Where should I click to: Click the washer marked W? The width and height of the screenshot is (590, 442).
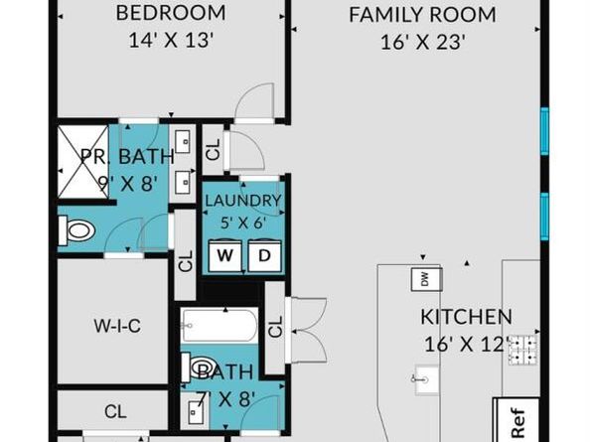225,255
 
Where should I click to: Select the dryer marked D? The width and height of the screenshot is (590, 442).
264,255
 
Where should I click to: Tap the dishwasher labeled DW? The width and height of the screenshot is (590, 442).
426,279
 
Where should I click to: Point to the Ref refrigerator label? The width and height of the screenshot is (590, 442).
517,423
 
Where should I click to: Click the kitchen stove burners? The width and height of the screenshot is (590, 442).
523,351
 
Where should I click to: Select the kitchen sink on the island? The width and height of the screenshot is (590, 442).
427,380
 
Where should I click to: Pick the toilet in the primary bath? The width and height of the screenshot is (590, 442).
76,230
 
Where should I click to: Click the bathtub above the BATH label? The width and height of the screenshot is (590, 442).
220,325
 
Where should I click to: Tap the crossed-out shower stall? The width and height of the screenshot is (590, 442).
83,161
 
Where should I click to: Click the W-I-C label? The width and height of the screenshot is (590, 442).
117,326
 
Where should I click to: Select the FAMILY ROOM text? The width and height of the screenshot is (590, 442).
422,15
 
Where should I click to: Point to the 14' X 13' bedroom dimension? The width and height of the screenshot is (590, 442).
171,40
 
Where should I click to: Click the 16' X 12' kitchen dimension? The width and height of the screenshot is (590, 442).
467,344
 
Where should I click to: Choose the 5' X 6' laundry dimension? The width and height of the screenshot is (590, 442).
243,223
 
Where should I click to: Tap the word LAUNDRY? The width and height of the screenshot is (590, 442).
243,201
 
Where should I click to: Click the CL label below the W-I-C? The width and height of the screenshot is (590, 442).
115,411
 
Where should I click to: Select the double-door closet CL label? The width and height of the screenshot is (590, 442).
276,327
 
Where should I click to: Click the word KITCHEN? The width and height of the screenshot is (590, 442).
466,317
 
